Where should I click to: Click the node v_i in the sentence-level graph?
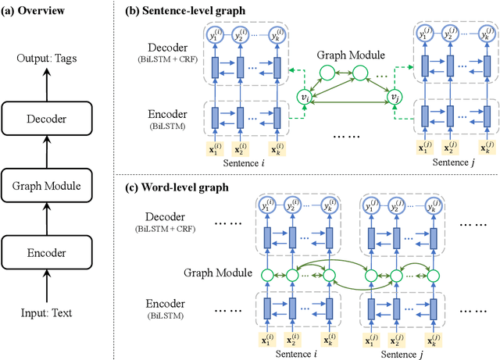tap(305, 96)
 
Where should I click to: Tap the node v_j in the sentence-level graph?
tap(398, 96)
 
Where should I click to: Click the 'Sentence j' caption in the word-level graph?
tap(400, 352)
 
